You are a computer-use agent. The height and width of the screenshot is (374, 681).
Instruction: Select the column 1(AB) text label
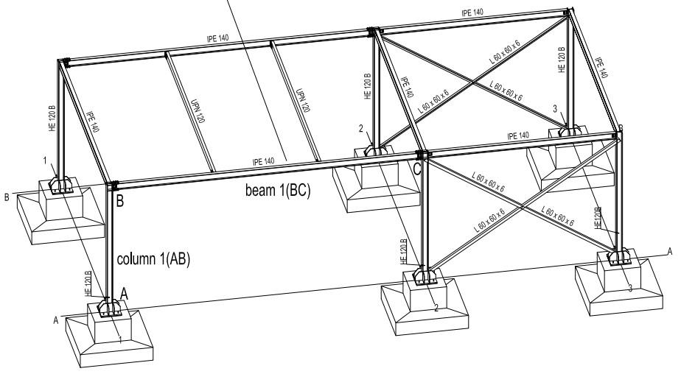tap(154, 259)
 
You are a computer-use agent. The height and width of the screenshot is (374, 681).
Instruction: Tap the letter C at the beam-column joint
tap(417, 169)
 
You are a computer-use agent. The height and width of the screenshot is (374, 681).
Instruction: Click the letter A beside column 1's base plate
tap(124, 293)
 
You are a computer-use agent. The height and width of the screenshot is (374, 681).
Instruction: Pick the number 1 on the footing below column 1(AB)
tap(121, 339)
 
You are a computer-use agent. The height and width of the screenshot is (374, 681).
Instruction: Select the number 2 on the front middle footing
tap(436, 308)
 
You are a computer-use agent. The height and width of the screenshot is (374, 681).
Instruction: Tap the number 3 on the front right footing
tap(630, 289)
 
